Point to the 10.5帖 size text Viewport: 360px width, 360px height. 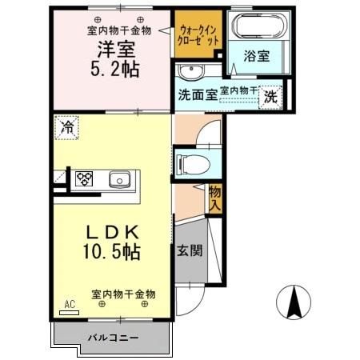(x=112, y=253)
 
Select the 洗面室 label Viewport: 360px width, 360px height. (x=196, y=93)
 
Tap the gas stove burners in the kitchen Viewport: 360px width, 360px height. (x=84, y=179)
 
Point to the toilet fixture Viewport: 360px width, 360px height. (x=192, y=162)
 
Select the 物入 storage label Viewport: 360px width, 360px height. (x=214, y=198)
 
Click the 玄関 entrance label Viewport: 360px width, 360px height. (x=190, y=249)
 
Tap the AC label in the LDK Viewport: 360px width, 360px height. (x=69, y=305)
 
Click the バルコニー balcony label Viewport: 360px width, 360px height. (x=113, y=338)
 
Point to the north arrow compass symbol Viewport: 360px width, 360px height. (x=294, y=303)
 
